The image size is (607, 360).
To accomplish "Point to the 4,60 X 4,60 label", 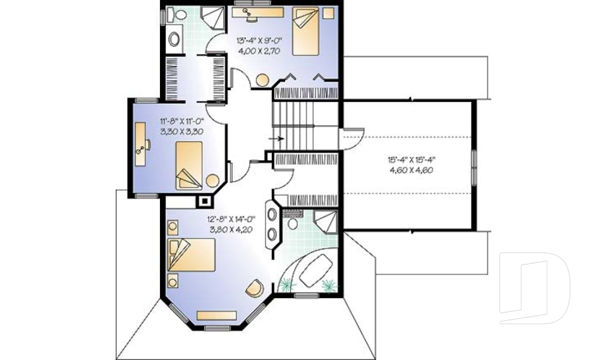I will pyautogui.click(x=410, y=170).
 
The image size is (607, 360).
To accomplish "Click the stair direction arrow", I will pyautogui.click(x=276, y=137).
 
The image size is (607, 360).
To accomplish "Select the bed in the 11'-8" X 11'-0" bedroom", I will pyautogui.click(x=189, y=166).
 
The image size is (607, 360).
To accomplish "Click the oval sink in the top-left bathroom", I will pyautogui.click(x=174, y=39).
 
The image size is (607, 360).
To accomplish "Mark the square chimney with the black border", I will pyautogui.click(x=205, y=202).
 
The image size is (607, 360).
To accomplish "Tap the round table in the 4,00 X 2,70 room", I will pyautogui.click(x=262, y=80).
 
